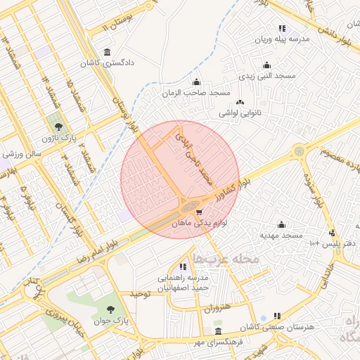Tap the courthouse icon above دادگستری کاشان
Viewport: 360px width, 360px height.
(106, 52)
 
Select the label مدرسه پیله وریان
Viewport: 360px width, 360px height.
(281, 40)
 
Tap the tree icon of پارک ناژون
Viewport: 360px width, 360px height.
(58, 127)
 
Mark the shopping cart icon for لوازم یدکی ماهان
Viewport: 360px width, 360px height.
(199, 212)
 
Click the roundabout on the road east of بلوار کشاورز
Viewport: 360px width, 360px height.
(299, 150)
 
